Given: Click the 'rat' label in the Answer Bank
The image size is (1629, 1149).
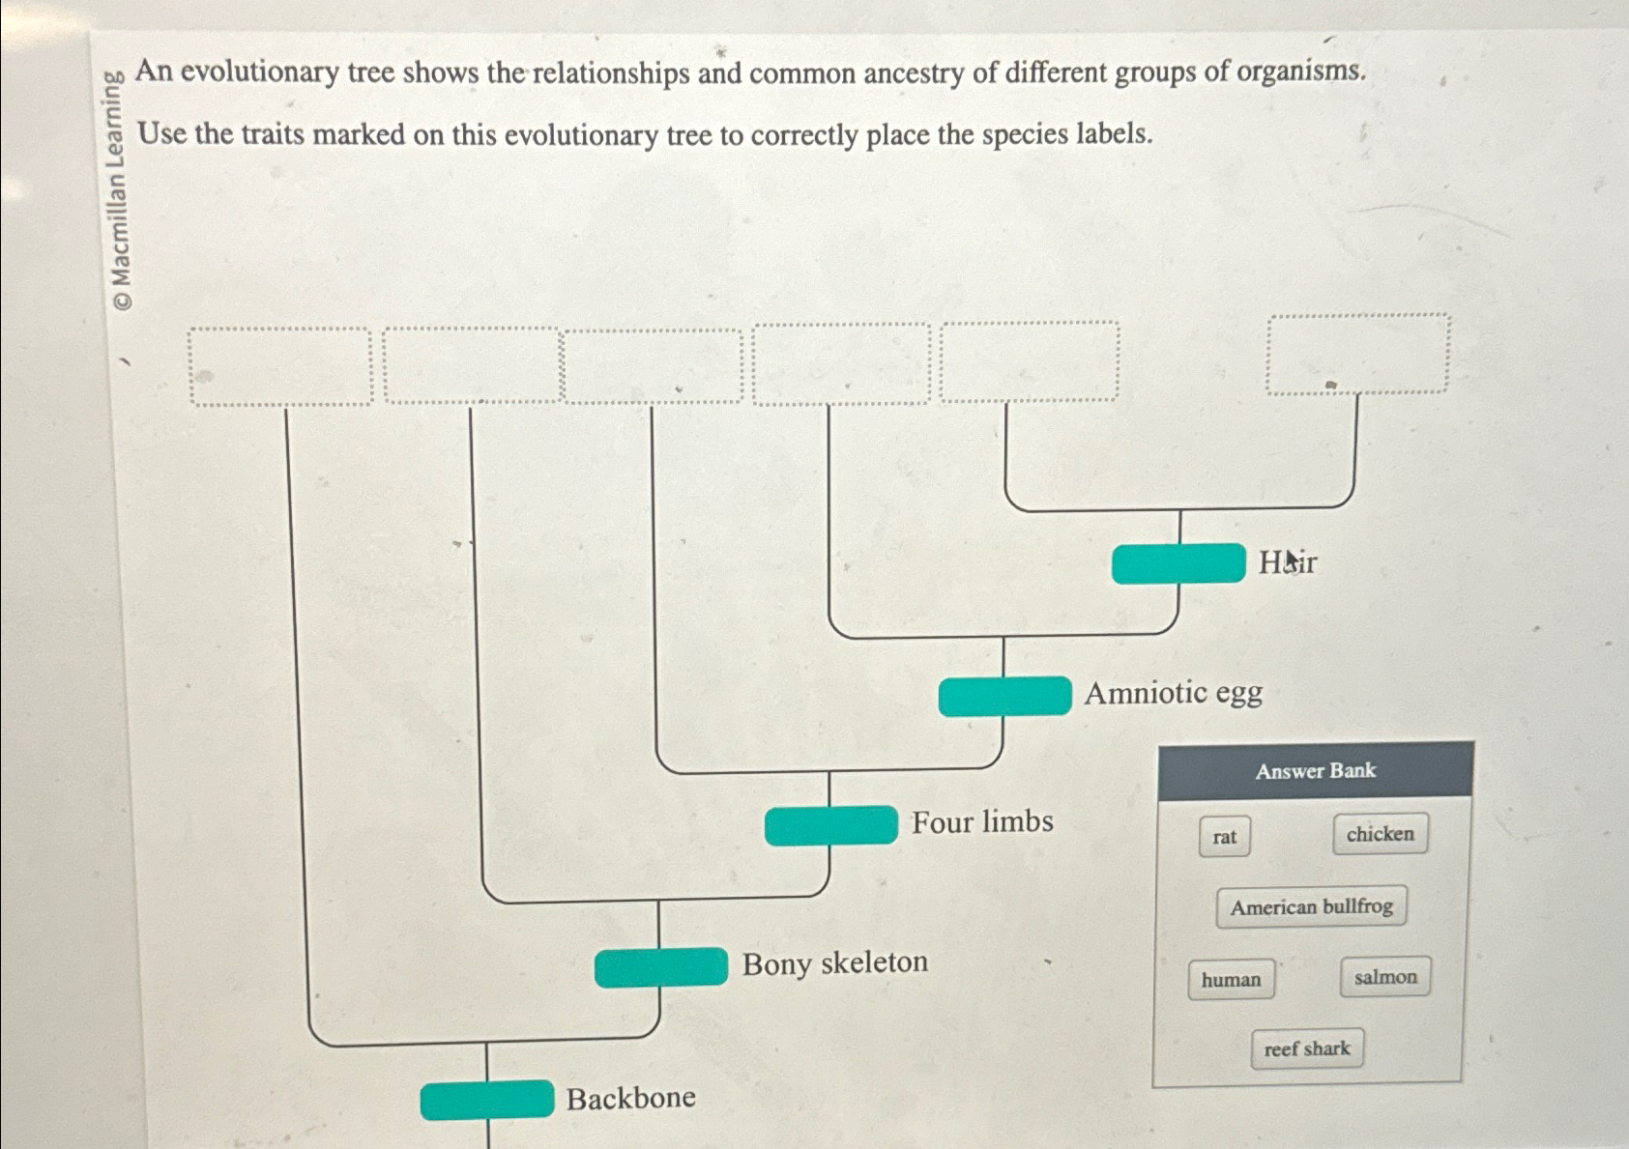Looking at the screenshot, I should click(1224, 837).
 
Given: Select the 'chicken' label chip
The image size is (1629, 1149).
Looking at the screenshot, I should click(1380, 834).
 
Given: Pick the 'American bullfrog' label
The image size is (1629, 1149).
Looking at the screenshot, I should click(1311, 907).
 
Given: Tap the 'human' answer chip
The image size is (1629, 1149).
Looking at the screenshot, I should click(1231, 980).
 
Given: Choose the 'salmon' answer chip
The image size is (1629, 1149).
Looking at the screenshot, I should click(1384, 977).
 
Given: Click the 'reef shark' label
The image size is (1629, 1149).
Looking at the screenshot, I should click(1306, 1048).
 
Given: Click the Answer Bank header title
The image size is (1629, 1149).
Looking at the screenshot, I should click(1315, 771).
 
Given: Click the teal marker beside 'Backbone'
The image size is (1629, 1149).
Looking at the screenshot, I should click(486, 1100).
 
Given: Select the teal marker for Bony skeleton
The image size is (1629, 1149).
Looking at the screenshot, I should click(661, 967).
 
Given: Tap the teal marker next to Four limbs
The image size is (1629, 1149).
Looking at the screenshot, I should click(830, 825).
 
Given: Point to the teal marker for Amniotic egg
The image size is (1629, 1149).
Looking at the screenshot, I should click(1004, 696).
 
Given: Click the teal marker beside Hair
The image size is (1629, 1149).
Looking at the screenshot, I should click(1178, 563).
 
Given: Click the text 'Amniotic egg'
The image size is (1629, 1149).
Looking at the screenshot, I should click(1173, 693).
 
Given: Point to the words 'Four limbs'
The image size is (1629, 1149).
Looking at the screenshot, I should click(982, 822).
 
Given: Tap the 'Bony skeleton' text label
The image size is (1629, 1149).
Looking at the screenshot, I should click(834, 963).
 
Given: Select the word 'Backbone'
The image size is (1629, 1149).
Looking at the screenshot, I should click(630, 1099).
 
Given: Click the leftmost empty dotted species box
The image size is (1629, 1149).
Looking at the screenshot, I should click(280, 366).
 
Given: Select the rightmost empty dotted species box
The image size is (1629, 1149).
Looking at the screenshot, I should click(1357, 354).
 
